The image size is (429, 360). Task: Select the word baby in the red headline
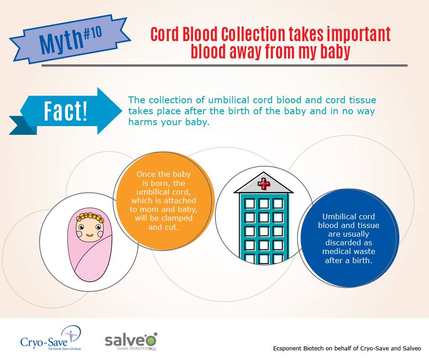tap(335, 51)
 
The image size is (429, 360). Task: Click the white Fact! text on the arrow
tap(66, 111)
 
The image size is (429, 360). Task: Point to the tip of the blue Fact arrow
tap(122, 111)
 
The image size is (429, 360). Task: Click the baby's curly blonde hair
tap(89, 217)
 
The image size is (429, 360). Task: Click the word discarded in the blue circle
tap(349, 243)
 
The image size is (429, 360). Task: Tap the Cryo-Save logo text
tap(44, 342)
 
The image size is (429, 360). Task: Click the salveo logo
tap(131, 341)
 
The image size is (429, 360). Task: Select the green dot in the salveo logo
tap(155, 334)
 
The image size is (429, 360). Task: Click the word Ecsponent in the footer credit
tap(287, 349)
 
